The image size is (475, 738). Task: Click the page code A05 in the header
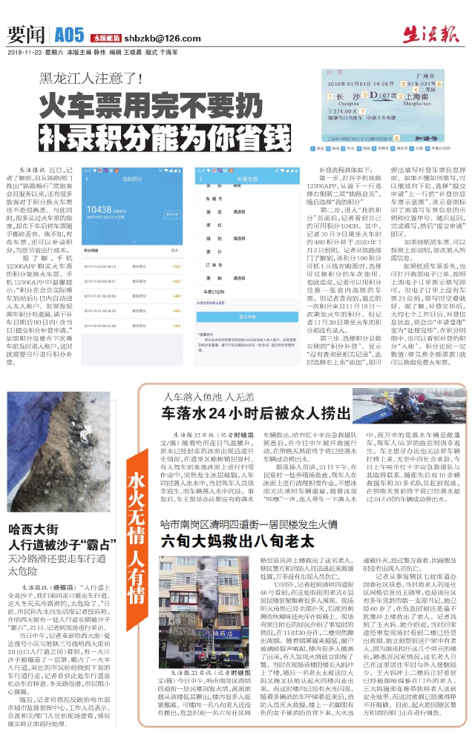click(x=70, y=34)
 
